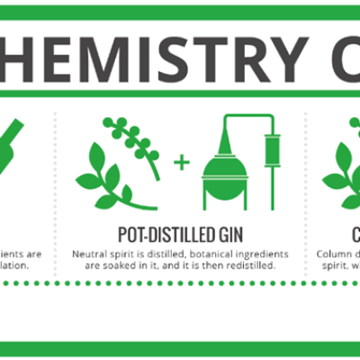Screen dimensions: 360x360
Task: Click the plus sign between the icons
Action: [184, 163]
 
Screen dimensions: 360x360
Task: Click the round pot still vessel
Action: [225, 176]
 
